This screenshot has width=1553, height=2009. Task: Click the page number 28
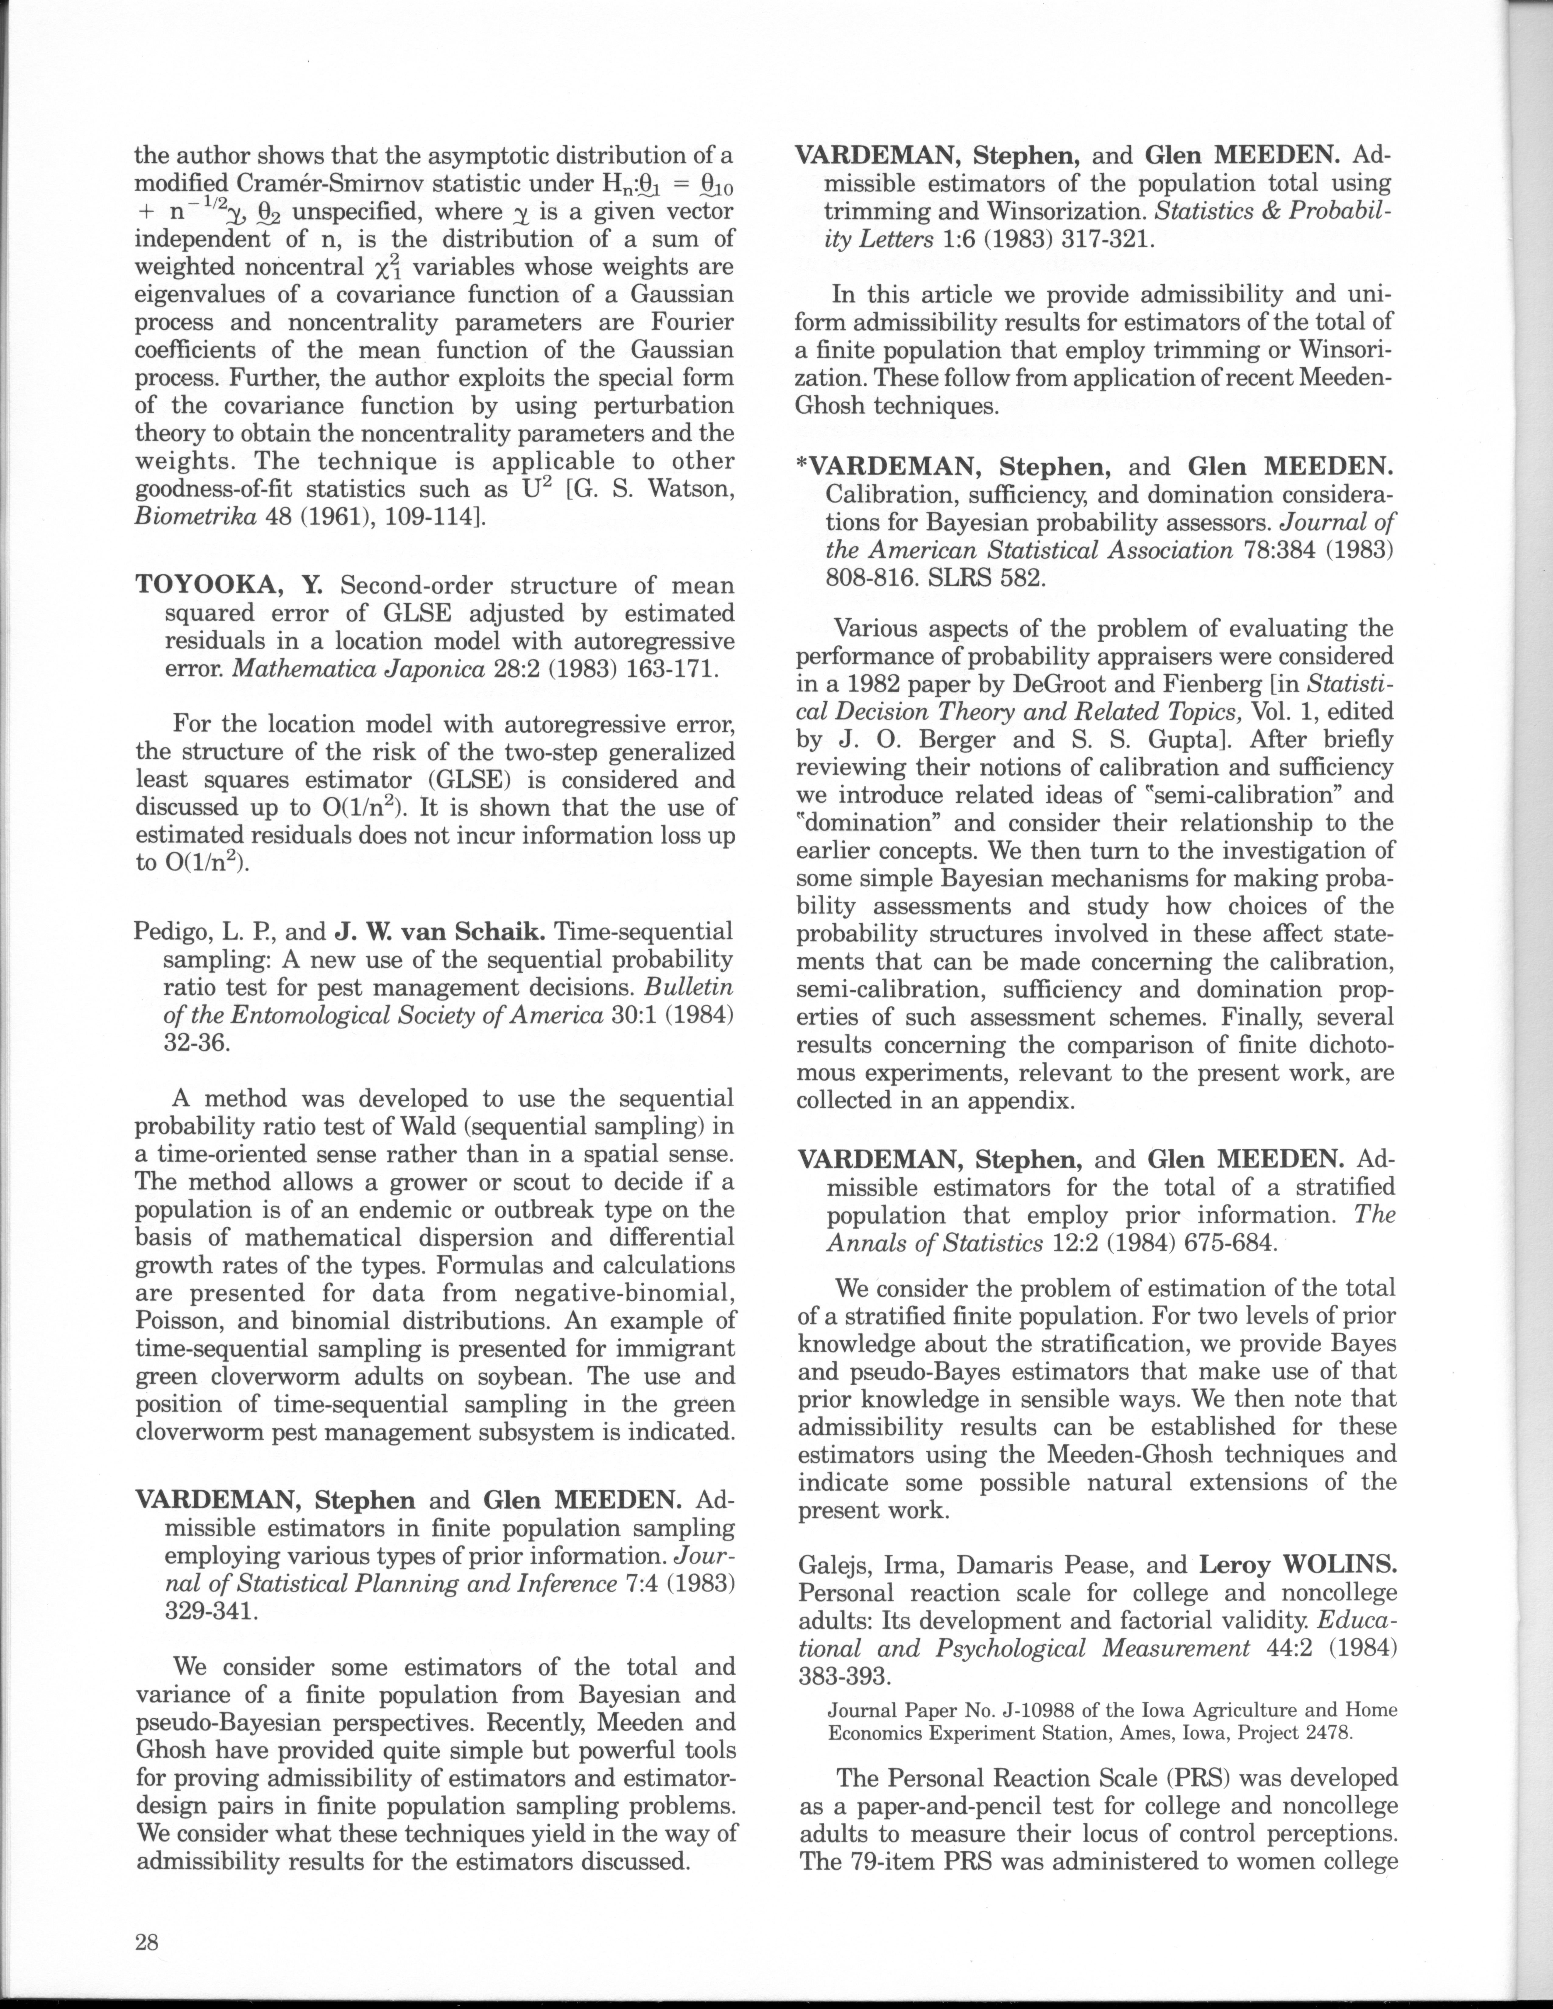pos(147,1942)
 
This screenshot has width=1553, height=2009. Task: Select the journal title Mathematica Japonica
pos(358,669)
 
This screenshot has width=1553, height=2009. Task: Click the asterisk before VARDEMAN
pos(801,465)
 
